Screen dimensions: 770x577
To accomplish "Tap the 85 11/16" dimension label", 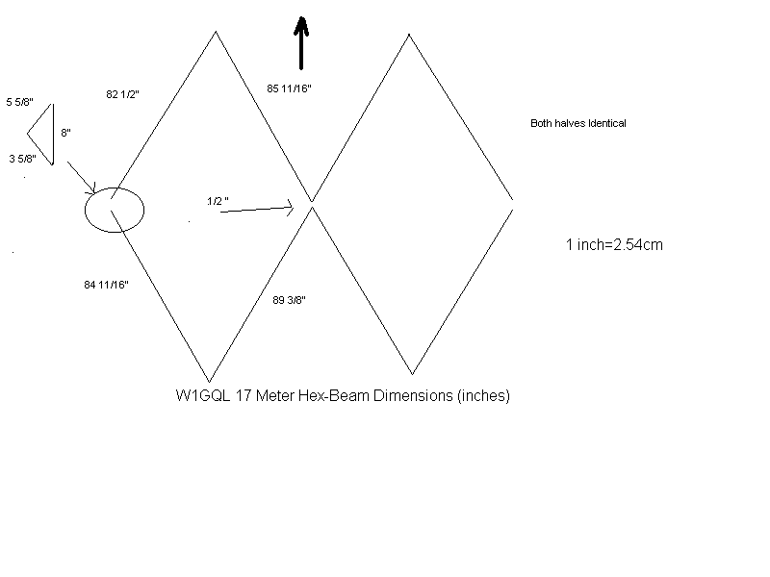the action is click(x=290, y=88).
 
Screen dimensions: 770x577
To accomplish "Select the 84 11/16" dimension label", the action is click(x=107, y=284).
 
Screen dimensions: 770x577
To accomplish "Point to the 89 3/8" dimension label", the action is click(x=290, y=300).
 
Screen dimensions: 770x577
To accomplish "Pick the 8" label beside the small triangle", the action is click(x=66, y=134).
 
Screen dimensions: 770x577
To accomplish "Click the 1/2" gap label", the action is click(x=218, y=200).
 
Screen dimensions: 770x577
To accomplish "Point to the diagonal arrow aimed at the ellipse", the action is click(x=81, y=176).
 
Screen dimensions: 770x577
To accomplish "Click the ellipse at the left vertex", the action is click(x=114, y=210).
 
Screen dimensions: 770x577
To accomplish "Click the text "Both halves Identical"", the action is click(x=578, y=123).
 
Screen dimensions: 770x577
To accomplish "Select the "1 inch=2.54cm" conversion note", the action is click(x=614, y=245).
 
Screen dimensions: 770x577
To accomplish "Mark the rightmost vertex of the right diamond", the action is click(x=512, y=201).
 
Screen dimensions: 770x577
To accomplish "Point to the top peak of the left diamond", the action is click(x=215, y=33).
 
